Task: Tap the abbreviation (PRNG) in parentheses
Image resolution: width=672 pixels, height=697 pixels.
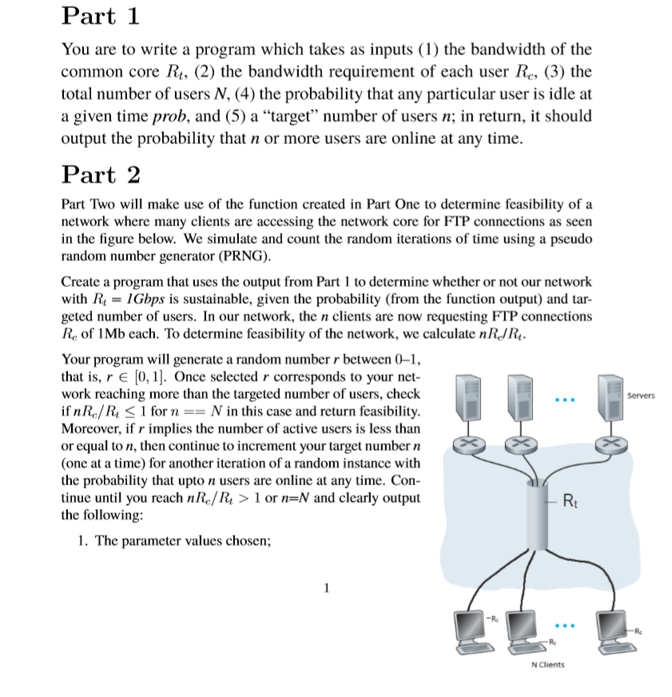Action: coord(245,257)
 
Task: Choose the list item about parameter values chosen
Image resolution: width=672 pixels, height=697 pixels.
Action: coord(176,540)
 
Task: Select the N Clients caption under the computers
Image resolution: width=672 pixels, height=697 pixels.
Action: coord(547,664)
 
